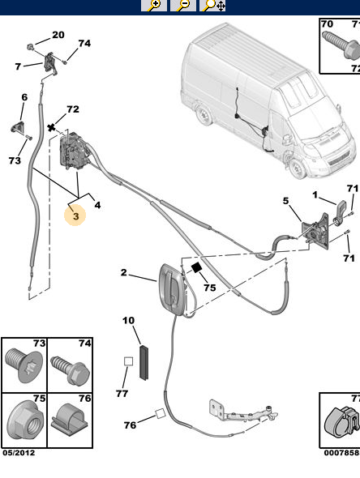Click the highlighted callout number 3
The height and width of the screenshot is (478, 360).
75,216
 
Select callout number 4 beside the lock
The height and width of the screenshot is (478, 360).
97,205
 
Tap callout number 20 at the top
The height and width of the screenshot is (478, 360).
58,35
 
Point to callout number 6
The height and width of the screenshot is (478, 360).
24,97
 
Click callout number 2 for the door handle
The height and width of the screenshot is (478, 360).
124,273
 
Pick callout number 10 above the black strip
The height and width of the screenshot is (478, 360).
128,321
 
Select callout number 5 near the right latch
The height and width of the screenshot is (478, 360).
285,200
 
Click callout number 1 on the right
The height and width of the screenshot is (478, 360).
315,194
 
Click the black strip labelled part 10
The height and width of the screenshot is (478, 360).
146,362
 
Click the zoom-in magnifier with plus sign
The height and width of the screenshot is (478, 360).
153,6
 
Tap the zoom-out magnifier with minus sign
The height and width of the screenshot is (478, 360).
184,6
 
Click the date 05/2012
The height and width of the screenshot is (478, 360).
19,453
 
